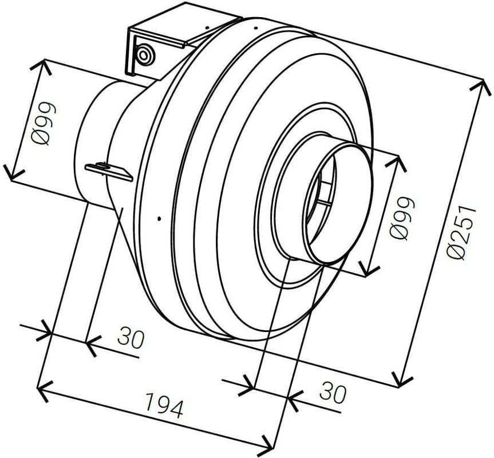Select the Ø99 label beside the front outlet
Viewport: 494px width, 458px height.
click(x=401, y=218)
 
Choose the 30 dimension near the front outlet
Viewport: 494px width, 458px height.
click(x=333, y=393)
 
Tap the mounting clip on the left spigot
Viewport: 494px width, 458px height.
click(x=109, y=170)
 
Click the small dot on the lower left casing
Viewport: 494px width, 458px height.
click(x=160, y=218)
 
